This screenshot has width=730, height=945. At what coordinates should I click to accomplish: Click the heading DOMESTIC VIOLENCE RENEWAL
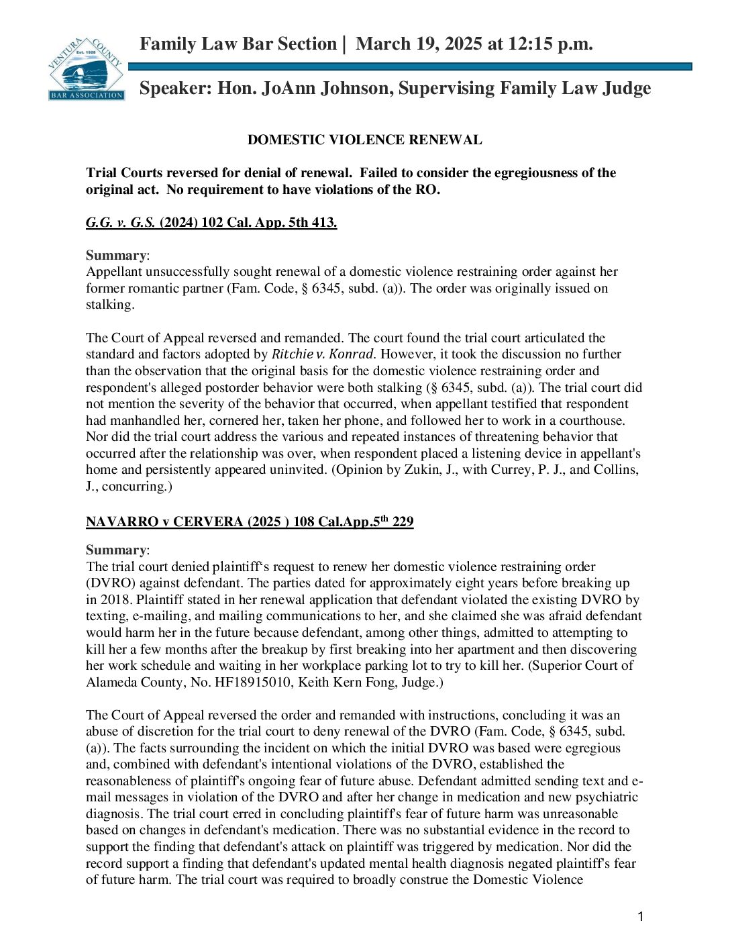(364, 140)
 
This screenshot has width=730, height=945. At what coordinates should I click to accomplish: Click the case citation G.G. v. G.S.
(120, 223)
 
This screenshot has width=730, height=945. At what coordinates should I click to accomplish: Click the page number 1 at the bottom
(640, 917)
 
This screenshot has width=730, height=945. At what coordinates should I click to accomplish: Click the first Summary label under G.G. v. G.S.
(116, 256)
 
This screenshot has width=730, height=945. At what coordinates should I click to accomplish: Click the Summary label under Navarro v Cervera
(116, 550)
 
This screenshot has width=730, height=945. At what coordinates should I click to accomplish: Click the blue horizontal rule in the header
(409, 67)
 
